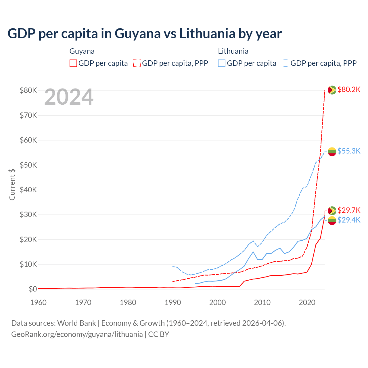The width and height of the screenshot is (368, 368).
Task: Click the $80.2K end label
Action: coord(349,90)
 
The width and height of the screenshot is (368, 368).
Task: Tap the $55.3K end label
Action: coord(349,151)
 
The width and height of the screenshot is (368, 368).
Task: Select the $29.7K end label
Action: coord(349,210)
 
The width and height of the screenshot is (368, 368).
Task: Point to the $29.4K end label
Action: coord(349,220)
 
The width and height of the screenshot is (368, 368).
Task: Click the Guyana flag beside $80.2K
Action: coord(332,90)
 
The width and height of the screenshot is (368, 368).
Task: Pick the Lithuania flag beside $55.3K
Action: coord(332,152)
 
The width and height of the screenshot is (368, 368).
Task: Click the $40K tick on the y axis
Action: coord(28,190)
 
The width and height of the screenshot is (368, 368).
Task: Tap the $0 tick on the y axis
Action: coord(33,289)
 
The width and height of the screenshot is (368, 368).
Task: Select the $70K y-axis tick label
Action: coord(28,115)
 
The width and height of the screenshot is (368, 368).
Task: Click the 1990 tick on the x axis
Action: coord(173,302)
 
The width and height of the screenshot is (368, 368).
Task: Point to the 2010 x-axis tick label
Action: coord(262,302)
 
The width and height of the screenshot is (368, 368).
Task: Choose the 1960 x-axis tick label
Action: coord(39,302)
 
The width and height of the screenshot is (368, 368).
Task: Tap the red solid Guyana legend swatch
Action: coord(73,63)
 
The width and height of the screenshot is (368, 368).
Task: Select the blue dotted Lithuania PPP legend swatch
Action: coord(285,63)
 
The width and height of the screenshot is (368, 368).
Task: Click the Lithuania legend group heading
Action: coord(233,51)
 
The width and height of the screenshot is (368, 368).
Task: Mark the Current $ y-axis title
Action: coord(12,184)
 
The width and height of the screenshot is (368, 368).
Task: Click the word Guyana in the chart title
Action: coord(137,34)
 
